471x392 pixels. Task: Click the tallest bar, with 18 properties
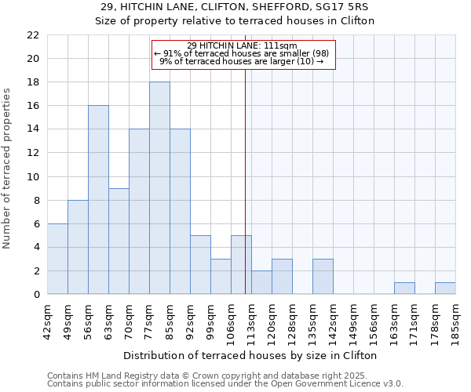pyautogui.click(x=159, y=188)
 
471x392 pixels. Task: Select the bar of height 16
pyautogui.click(x=98, y=200)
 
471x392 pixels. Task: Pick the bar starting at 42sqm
pyautogui.click(x=57, y=259)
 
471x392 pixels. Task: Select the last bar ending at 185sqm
pyautogui.click(x=445, y=289)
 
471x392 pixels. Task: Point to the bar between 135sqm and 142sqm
pyautogui.click(x=323, y=277)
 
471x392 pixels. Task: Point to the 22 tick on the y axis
pyautogui.click(x=32, y=35)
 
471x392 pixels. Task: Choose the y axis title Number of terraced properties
pyautogui.click(x=8, y=168)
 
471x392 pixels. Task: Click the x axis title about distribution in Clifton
pyautogui.click(x=251, y=355)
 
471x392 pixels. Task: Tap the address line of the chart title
pyautogui.click(x=235, y=7)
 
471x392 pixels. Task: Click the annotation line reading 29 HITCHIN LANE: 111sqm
pyautogui.click(x=243, y=46)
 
